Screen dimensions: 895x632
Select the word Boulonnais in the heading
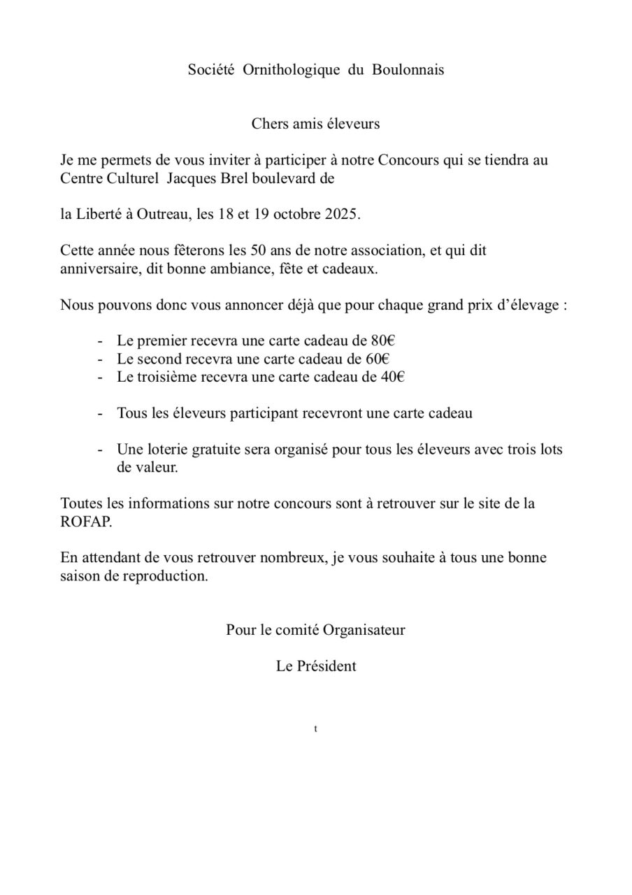(x=408, y=70)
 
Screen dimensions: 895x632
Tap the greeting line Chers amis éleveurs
(x=316, y=124)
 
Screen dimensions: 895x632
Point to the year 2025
(x=341, y=214)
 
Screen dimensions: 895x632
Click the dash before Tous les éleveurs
(x=101, y=413)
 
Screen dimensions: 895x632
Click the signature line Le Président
(x=316, y=666)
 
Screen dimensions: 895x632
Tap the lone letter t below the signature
(x=316, y=729)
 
